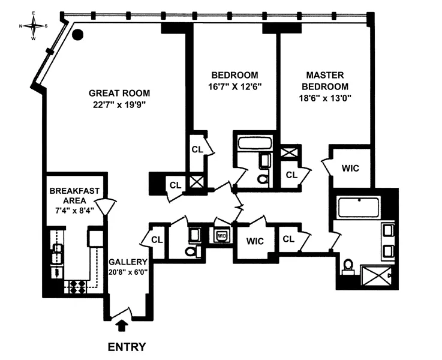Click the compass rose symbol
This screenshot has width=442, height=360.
(x=33, y=26)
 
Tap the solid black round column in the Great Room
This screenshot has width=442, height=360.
(x=77, y=35)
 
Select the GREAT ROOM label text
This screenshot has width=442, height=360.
(x=119, y=93)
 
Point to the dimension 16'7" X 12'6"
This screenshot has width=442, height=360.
(x=235, y=86)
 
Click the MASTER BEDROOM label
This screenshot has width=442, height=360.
(x=324, y=80)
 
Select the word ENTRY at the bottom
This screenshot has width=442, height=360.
(x=126, y=347)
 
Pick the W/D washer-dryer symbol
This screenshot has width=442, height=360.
(x=221, y=235)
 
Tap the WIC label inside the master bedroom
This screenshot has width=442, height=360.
(x=350, y=168)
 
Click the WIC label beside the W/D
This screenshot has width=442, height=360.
(x=255, y=241)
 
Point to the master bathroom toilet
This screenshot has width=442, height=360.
(x=347, y=266)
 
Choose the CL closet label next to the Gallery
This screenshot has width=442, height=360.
(x=157, y=240)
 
